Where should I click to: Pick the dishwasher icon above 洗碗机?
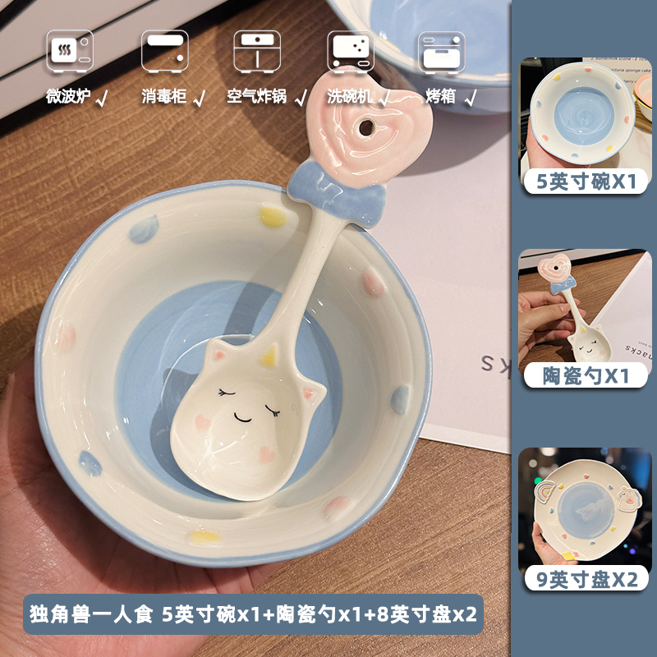tap(351, 51)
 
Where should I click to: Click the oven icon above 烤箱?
tap(440, 50)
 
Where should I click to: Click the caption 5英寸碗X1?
tap(586, 182)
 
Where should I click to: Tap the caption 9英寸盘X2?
tap(586, 580)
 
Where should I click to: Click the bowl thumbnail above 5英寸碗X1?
tap(586, 112)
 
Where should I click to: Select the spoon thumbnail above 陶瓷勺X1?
tap(586, 306)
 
